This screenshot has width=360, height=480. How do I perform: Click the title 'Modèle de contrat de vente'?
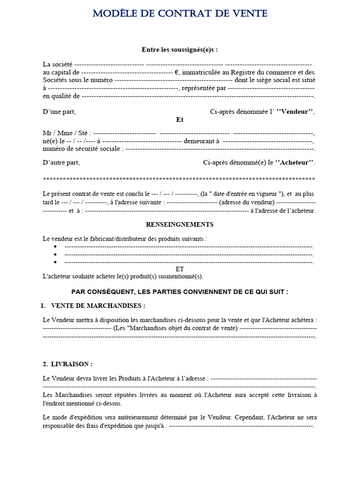[x=180, y=14]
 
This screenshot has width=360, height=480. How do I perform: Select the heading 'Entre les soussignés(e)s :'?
[x=180, y=50]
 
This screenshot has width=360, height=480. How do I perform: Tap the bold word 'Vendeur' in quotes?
[x=295, y=112]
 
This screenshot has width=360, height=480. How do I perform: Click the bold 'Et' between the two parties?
[x=180, y=120]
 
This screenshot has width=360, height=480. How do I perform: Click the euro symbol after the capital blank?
[x=177, y=73]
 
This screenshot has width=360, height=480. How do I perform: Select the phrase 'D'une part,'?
[x=59, y=112]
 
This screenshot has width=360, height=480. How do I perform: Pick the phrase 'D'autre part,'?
[x=61, y=163]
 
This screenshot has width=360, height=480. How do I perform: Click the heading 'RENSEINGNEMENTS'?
[x=180, y=225]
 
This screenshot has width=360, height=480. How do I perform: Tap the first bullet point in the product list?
[x=55, y=247]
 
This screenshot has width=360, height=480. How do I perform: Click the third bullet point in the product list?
[x=55, y=262]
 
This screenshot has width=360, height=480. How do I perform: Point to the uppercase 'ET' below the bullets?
[x=180, y=269]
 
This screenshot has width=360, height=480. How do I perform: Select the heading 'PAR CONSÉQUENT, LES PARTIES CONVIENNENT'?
[x=180, y=292]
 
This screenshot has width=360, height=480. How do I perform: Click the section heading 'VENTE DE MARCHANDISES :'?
[x=98, y=306]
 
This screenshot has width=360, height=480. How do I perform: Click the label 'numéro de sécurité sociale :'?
[x=83, y=149]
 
